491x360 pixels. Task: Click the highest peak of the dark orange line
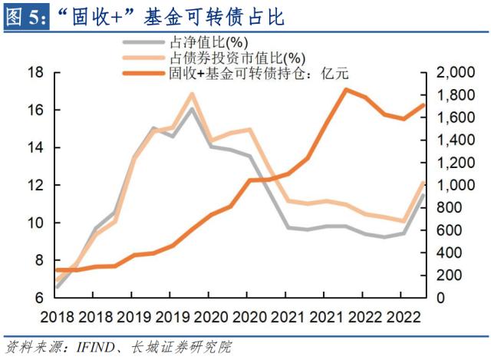[345, 90]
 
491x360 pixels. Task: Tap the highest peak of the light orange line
[192, 94]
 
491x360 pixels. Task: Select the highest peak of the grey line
[192, 108]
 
